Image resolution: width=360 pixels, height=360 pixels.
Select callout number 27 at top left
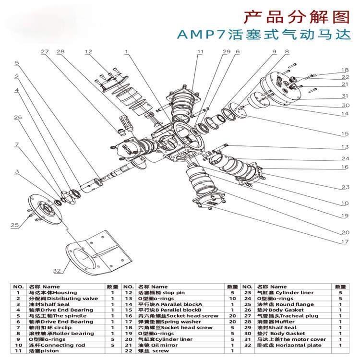click(45, 51)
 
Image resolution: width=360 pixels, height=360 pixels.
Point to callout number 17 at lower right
click(344, 242)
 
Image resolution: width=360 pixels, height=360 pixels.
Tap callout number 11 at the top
click(200, 51)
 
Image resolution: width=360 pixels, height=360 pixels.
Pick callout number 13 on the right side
click(344, 147)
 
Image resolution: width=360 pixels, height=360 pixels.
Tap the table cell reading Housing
click(46, 292)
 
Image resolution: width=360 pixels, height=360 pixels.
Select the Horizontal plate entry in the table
click(283, 345)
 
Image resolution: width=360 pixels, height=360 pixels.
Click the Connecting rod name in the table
click(50, 345)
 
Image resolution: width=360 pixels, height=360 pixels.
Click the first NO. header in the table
click(18, 286)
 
